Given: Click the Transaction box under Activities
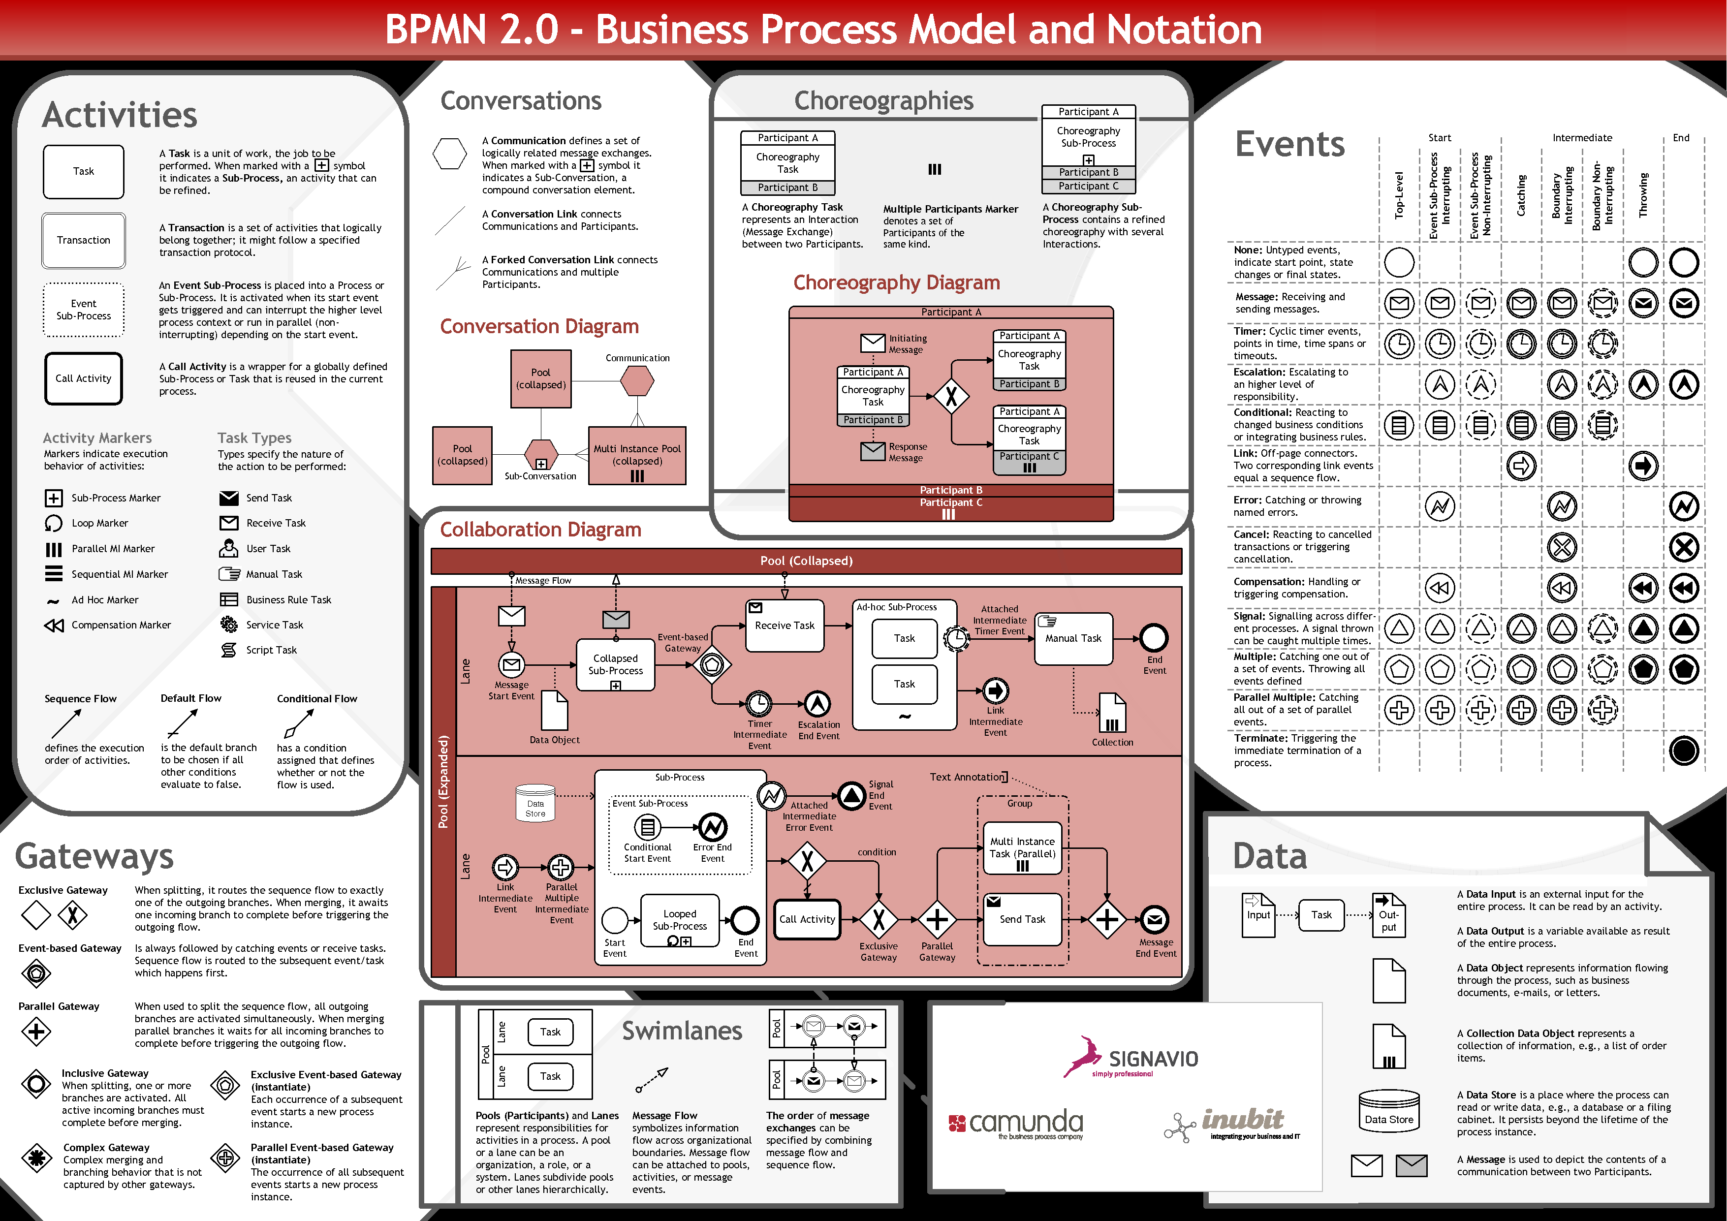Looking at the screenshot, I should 84,240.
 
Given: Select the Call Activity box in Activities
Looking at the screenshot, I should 84,378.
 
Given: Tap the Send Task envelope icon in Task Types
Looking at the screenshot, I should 229,498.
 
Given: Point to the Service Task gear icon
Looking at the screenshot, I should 229,625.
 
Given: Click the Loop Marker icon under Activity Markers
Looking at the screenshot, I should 54,523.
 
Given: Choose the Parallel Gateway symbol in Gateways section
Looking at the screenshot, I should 36,1032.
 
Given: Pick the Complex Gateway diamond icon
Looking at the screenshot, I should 36,1158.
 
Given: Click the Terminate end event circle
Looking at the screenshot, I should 1683,750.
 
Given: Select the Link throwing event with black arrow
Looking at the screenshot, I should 1643,466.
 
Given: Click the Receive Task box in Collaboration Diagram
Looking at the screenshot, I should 785,625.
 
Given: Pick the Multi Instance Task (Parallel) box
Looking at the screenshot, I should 1022,848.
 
